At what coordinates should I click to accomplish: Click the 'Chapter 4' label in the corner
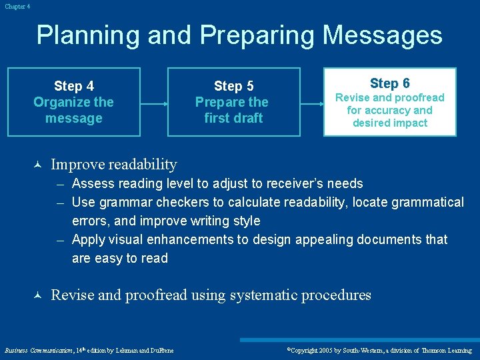pos(16,6)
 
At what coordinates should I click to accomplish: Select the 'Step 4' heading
pos(73,86)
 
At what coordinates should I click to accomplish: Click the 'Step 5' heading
pos(233,86)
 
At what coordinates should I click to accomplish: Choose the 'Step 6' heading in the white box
pos(389,83)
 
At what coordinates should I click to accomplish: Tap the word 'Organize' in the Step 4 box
pos(63,102)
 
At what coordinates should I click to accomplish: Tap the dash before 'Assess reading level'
pos(61,184)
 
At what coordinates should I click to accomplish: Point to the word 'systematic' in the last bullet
pos(263,295)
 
